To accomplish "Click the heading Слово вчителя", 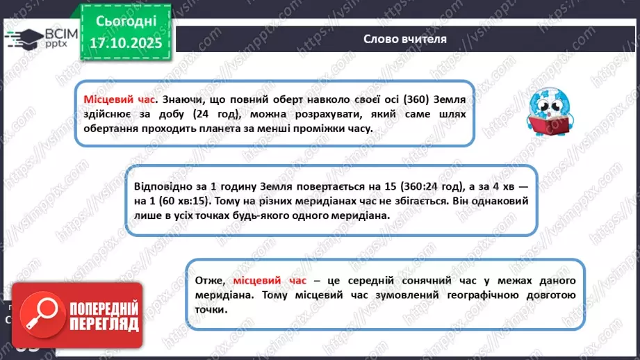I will (x=404, y=38).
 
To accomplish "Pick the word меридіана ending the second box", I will (x=366, y=215).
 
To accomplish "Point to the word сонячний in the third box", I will (x=415, y=280).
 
